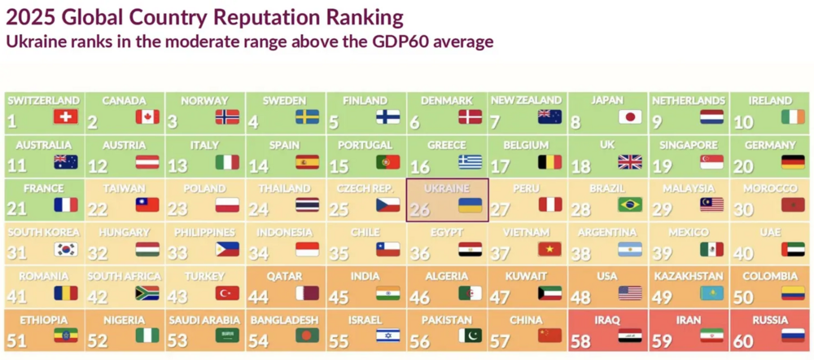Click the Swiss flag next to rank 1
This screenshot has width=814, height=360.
[x=65, y=116]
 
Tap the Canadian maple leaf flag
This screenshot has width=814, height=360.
[x=147, y=116]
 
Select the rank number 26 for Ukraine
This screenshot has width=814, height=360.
[x=421, y=210]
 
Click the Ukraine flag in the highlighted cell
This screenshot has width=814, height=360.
[x=470, y=204]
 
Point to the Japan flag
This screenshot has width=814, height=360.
[x=630, y=116]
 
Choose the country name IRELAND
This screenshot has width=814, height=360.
[x=768, y=101]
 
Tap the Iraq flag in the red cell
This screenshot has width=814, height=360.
[x=630, y=336]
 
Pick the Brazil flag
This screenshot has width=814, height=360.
[x=630, y=204]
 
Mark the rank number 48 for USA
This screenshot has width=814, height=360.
[x=582, y=298]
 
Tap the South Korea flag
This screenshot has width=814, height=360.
[x=65, y=248]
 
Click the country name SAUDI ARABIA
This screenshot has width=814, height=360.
[x=203, y=320]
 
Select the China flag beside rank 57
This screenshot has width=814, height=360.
[x=550, y=336]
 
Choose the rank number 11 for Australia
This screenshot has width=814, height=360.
[x=16, y=166]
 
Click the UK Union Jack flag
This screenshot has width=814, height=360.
[x=630, y=160]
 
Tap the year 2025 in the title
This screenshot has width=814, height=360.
[x=30, y=15]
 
